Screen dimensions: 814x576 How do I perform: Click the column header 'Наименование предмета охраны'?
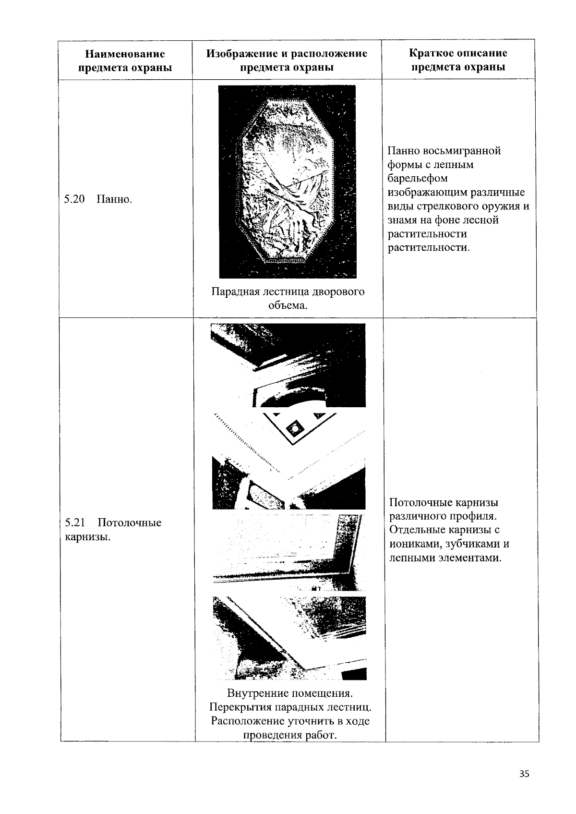125,61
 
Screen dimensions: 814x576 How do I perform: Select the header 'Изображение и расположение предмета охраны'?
287,61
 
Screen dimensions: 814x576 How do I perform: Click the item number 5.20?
74,199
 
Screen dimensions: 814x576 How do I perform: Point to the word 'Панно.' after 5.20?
114,199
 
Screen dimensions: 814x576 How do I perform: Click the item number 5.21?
75,522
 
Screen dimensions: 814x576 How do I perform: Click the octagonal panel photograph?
287,182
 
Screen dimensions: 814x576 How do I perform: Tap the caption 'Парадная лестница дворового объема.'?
288,298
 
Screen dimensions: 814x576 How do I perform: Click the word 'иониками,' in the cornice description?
413,544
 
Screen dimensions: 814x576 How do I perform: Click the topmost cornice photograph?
288,365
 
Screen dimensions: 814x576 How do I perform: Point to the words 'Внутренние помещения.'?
290,693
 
